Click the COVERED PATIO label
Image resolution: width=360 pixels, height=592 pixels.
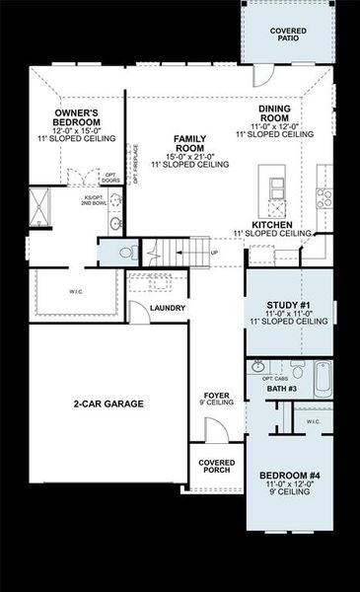click(x=288, y=37)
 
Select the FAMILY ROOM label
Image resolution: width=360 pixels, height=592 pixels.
click(x=188, y=144)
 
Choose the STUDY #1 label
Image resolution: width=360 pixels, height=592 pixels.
click(x=289, y=305)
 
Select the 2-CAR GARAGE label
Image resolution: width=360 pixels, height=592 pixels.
click(x=108, y=404)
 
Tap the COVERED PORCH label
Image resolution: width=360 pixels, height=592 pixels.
click(x=216, y=466)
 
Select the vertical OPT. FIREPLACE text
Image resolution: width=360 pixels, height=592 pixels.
click(x=136, y=164)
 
